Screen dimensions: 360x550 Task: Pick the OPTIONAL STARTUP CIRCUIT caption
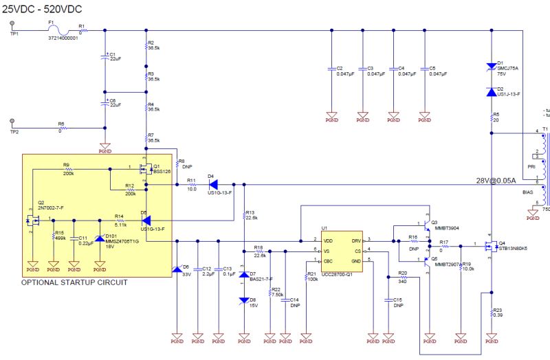[74, 282]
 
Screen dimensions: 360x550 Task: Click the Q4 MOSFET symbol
[489, 245]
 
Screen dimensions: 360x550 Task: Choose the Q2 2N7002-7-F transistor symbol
[32, 220]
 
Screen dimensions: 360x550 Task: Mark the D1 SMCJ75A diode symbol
[491, 67]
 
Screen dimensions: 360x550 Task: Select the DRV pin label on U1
[355, 240]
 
